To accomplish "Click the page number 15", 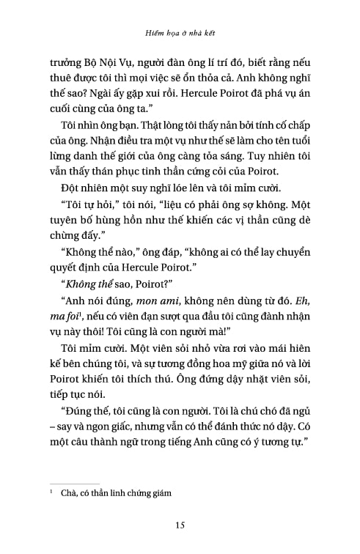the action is [x=180, y=523].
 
